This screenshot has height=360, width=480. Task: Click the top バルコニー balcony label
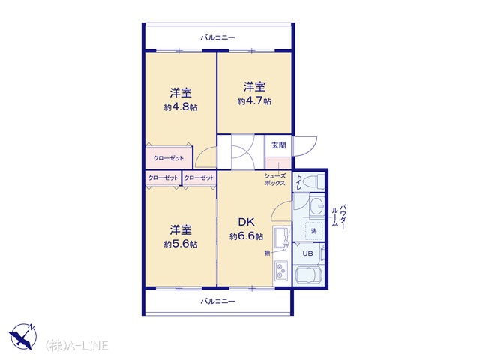tap(217, 38)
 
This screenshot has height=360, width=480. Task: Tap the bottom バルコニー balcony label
tap(217, 301)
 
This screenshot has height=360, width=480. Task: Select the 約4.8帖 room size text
tap(181, 107)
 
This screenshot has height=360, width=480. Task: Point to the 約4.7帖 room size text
tap(254, 100)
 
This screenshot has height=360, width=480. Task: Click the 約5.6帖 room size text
tap(181, 244)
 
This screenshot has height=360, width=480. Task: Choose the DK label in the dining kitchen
tap(247, 222)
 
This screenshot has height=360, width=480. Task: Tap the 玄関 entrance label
tap(278, 145)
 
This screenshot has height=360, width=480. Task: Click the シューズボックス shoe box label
tap(275, 180)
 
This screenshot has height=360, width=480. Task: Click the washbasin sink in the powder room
tap(316, 205)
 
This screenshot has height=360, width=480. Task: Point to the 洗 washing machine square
tap(313, 231)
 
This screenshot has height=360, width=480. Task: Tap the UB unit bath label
tap(307, 253)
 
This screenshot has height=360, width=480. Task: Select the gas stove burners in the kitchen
tap(281, 270)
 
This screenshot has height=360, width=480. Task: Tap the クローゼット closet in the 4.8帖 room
tap(169, 158)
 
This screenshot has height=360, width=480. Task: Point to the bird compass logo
tap(23, 336)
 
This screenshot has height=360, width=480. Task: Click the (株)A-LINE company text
tap(76, 345)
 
